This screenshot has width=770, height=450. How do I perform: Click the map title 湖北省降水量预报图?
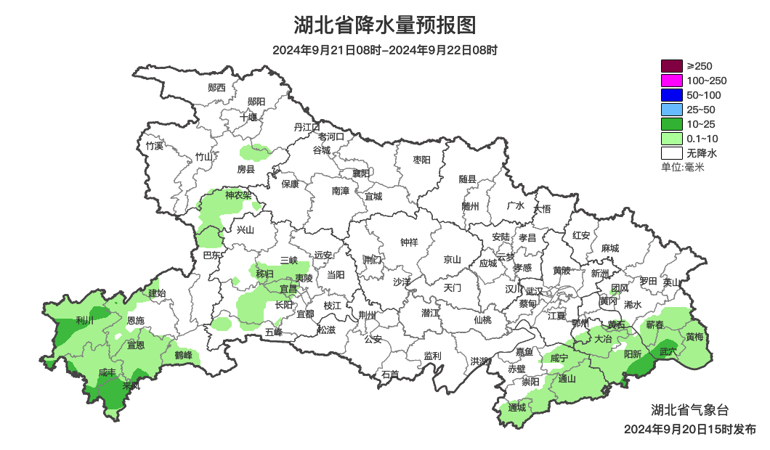[385, 25]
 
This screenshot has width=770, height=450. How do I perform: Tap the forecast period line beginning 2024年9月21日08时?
[385, 50]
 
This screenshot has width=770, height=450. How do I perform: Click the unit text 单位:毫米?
[682, 168]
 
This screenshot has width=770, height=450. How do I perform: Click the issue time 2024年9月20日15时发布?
[689, 430]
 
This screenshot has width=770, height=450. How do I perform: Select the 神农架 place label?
[238, 195]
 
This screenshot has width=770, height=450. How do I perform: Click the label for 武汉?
[534, 290]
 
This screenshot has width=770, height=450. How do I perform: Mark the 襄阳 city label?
[361, 173]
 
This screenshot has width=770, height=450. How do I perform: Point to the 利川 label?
[85, 320]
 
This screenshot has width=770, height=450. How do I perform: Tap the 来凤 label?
[131, 385]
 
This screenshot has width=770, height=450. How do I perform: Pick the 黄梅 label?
[694, 337]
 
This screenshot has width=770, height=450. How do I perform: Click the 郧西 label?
[216, 88]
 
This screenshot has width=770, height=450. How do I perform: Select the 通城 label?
[517, 407]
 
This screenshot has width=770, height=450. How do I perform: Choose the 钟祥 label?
[410, 242]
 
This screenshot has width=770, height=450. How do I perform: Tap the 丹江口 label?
[307, 127]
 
